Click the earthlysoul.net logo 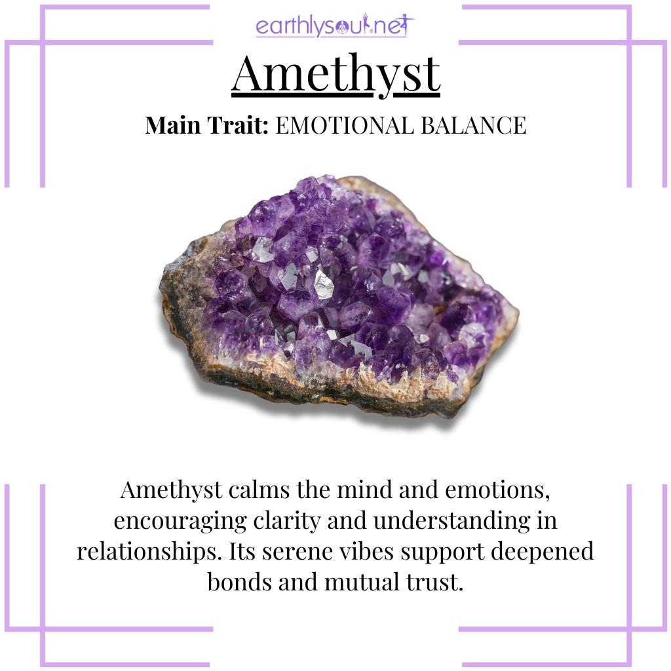tap(335, 26)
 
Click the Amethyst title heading tap(335, 74)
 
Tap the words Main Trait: tap(206, 125)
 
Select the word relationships tap(150, 551)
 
